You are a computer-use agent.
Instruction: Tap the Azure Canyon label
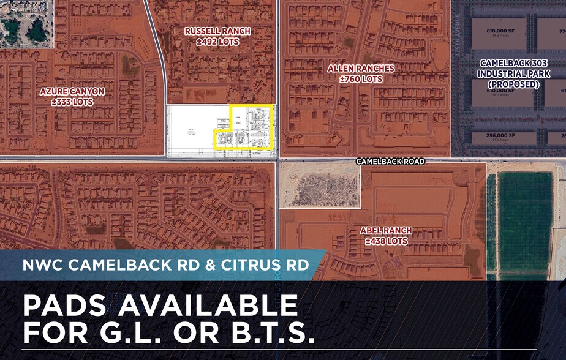coord(72,91)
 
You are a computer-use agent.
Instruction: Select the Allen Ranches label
coord(361,69)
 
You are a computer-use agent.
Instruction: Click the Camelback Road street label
coord(391,162)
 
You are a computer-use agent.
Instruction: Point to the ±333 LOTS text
coord(72,102)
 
